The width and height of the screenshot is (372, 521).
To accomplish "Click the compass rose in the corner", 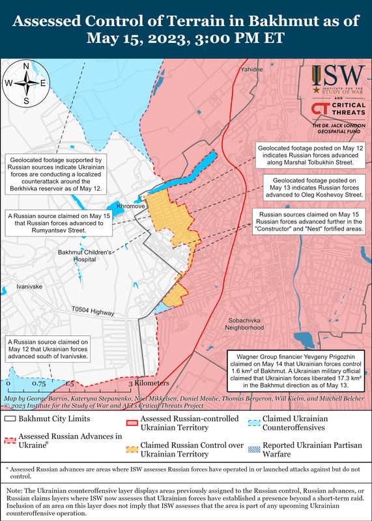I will (26, 83).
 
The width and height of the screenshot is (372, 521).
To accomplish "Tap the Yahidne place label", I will (251, 68).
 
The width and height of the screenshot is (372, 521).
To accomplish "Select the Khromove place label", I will (130, 205).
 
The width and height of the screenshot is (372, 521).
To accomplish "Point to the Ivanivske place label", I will (29, 286).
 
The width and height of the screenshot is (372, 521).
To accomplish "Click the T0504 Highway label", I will (93, 312).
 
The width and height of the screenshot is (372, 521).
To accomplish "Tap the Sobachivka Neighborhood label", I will (250, 325).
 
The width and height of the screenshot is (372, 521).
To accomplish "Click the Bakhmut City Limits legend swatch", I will (10, 419).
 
